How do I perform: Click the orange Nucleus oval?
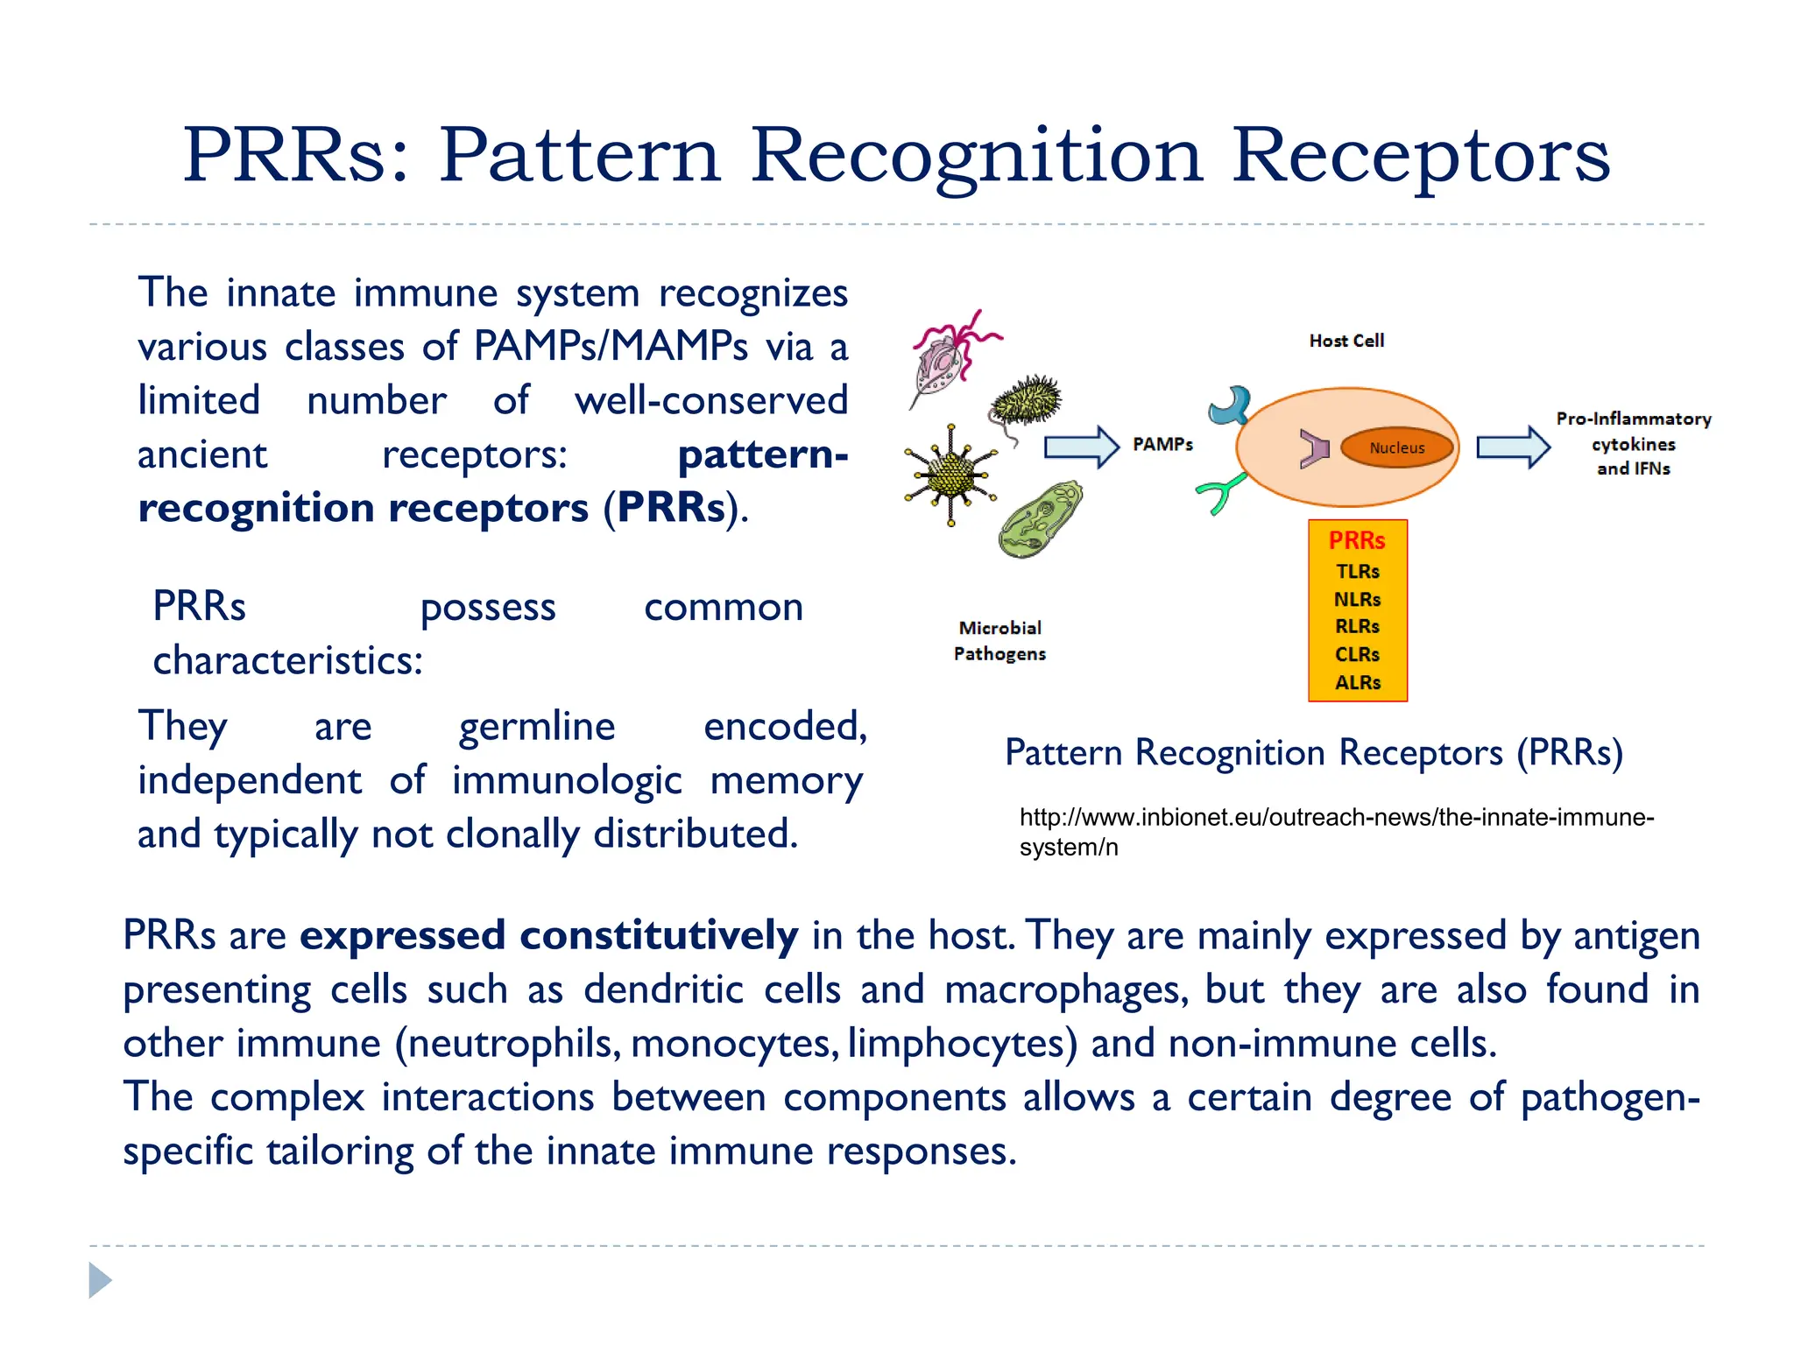1396,447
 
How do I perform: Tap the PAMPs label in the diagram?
1162,445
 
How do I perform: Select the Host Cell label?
1346,341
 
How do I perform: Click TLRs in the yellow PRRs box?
1357,572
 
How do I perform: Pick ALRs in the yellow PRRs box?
1357,683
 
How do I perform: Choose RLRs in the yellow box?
1357,627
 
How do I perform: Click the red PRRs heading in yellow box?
1357,541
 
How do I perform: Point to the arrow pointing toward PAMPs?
1081,447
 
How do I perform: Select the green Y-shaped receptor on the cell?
1220,494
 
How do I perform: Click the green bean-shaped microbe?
1040,519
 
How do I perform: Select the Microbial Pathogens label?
999,641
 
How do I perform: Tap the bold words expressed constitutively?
548,936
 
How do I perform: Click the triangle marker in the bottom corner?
99,1280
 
